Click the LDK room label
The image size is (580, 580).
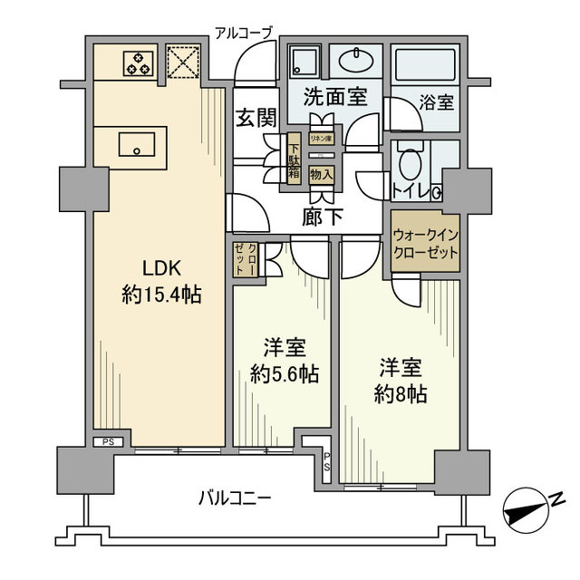coord(162,268)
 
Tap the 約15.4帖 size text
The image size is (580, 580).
coord(162,295)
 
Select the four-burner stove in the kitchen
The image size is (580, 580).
coord(139,63)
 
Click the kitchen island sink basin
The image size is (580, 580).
coord(139,144)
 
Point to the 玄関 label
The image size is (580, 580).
coord(256,119)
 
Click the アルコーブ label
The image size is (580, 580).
coord(243,33)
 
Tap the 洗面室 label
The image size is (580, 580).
coord(334,96)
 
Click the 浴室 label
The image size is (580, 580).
coord(437,101)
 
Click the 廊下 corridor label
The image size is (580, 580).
coord(322,217)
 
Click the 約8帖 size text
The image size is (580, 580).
coord(398,394)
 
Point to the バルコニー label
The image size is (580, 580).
coord(235,497)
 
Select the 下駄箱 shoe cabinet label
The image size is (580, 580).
coord(294,159)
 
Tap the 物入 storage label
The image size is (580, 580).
coord(321,172)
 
